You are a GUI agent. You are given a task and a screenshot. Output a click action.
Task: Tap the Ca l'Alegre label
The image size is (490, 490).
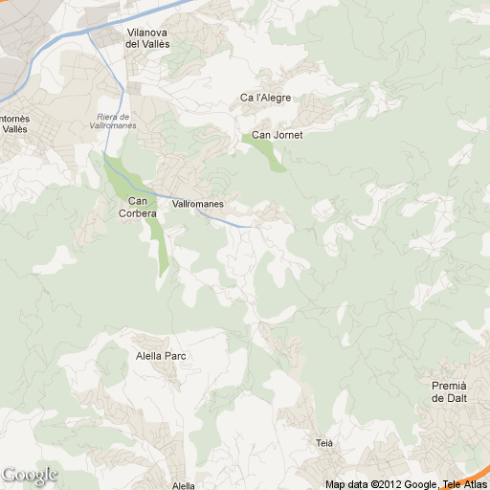pyautogui.click(x=265, y=98)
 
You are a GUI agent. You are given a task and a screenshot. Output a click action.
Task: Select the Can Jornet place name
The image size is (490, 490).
pyautogui.click(x=277, y=135)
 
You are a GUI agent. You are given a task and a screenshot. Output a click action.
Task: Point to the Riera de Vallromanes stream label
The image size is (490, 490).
pyautogui.click(x=117, y=121)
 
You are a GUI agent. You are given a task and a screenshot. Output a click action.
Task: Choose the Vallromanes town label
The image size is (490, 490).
pyautogui.click(x=197, y=204)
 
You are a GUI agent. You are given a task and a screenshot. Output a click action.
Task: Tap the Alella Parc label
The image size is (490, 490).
pyautogui.click(x=161, y=356)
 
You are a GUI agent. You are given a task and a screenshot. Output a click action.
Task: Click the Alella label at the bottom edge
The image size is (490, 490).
pyautogui.click(x=183, y=485)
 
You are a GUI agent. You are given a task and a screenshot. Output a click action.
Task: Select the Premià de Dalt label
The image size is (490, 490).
pyautogui.click(x=449, y=390)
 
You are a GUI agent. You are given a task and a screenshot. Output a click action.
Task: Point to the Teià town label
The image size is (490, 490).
pyautogui.click(x=323, y=443)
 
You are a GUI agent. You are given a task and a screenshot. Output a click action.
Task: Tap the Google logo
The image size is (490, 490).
pyautogui.click(x=30, y=475)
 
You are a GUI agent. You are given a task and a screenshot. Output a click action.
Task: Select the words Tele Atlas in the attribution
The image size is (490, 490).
pyautogui.click(x=464, y=484)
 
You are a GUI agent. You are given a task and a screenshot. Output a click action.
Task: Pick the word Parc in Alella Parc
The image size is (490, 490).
pyautogui.click(x=174, y=356)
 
